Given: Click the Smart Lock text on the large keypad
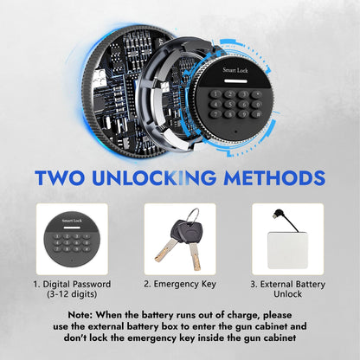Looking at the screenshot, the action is (x=235, y=70).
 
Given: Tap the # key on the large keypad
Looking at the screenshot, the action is (x=256, y=114).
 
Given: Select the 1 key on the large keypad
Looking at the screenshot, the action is (x=215, y=93).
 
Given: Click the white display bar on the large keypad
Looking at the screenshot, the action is (x=236, y=81).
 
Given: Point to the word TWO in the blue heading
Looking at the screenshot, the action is (x=60, y=177).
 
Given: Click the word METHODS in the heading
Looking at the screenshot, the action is (x=274, y=177).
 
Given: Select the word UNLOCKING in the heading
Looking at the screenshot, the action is (x=154, y=177).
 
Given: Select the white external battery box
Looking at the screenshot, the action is (x=287, y=250).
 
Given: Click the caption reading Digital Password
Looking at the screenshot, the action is (x=72, y=285).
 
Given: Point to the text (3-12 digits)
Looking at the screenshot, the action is (x=72, y=294).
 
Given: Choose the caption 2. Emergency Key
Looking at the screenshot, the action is (x=180, y=284).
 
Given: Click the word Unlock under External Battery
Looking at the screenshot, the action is (x=287, y=294).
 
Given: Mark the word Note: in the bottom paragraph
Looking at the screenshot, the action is (x=80, y=315).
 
